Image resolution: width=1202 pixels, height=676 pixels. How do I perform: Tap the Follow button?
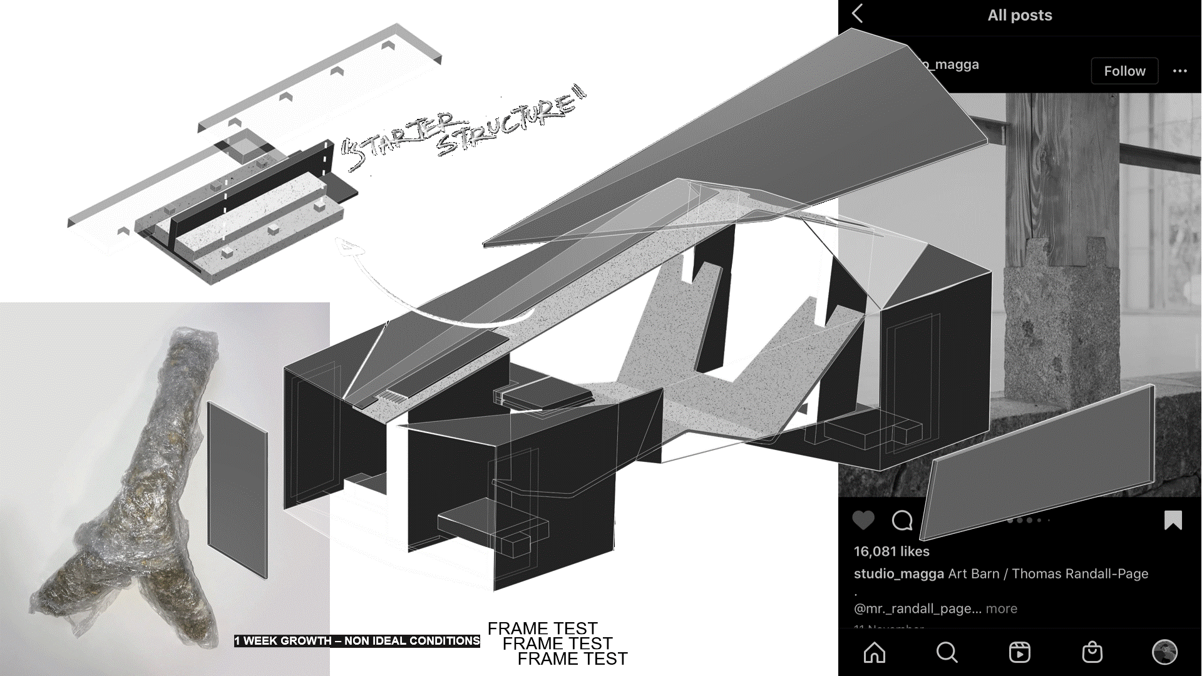(x=1124, y=71)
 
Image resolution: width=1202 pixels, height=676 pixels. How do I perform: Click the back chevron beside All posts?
(x=858, y=14)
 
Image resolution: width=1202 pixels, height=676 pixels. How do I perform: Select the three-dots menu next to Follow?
(x=1179, y=71)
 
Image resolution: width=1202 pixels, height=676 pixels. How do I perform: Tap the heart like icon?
(x=863, y=520)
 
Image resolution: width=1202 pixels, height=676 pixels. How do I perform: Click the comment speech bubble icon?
(x=902, y=520)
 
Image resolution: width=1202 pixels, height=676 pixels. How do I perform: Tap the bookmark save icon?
(x=1173, y=520)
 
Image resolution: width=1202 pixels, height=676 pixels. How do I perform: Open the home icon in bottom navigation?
(x=875, y=652)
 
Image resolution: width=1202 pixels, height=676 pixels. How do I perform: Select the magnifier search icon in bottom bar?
(x=947, y=652)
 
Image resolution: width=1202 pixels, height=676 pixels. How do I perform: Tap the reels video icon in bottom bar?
(x=1019, y=652)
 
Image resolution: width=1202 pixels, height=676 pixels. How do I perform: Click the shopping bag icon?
(x=1092, y=652)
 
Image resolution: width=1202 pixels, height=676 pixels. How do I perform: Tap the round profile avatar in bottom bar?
(x=1164, y=652)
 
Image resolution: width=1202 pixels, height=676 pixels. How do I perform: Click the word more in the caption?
(x=1002, y=608)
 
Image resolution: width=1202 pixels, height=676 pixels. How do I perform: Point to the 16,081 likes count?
(x=891, y=551)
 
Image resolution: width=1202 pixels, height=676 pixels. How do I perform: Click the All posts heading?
(x=1020, y=15)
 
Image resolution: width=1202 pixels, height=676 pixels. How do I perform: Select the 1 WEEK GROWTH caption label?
(x=357, y=641)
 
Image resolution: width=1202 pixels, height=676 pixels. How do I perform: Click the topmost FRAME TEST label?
(x=542, y=628)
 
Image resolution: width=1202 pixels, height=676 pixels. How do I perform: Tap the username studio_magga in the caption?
(x=898, y=574)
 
